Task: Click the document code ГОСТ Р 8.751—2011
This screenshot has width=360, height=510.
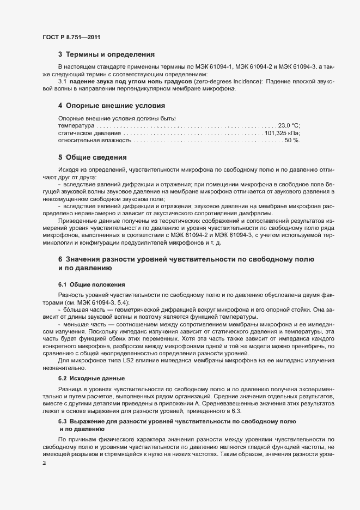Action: (71, 37)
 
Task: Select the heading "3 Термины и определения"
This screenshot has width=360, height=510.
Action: (106, 54)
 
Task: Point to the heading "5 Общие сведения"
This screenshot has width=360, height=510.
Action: (93, 157)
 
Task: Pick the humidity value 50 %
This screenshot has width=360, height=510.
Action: (292, 141)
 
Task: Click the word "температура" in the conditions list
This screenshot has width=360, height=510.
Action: (76, 125)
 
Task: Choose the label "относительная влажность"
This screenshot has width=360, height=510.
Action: (94, 141)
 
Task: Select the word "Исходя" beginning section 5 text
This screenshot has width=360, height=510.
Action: (69, 171)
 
